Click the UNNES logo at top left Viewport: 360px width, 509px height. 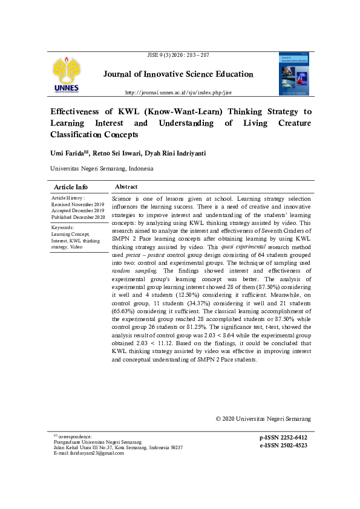tap(65, 75)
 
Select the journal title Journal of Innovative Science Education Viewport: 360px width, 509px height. tap(178, 74)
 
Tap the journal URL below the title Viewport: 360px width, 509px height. tap(178, 92)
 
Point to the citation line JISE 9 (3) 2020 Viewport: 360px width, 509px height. tap(178, 55)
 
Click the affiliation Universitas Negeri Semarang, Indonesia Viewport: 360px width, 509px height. tap(101, 169)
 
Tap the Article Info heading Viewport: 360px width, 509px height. tap(71, 187)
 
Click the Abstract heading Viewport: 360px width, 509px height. tap(126, 187)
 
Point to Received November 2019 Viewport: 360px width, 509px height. tap(78, 204)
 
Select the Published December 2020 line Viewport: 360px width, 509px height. tap(79, 216)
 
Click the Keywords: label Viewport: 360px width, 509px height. tap(64, 227)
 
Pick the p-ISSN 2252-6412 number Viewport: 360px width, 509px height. tap(283, 438)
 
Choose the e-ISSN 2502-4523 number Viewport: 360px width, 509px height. tap(283, 445)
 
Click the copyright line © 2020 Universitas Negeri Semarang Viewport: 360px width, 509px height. tap(263, 418)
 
